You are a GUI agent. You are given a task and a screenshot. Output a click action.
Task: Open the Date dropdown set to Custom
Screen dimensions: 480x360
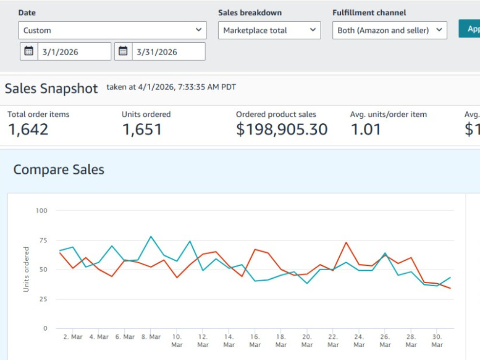pyautogui.click(x=112, y=30)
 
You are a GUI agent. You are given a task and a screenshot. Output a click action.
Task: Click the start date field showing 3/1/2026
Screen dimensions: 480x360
pyautogui.click(x=74, y=51)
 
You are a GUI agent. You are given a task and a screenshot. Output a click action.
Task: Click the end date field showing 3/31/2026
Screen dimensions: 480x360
pyautogui.click(x=168, y=51)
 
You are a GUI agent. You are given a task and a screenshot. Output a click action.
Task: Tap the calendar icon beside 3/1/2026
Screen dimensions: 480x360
pyautogui.click(x=29, y=51)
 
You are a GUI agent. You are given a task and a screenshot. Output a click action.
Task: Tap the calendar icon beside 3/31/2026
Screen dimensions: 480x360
pyautogui.click(x=123, y=51)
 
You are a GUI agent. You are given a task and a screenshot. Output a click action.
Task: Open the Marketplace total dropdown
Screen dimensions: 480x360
pyautogui.click(x=269, y=30)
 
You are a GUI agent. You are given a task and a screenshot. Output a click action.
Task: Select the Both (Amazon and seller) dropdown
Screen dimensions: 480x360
pyautogui.click(x=390, y=30)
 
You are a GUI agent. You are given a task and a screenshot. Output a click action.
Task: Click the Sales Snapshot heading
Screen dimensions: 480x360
pyautogui.click(x=51, y=88)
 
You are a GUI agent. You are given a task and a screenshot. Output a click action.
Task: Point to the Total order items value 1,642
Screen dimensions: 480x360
pyautogui.click(x=28, y=129)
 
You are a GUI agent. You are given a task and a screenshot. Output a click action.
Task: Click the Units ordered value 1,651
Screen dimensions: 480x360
pyautogui.click(x=142, y=129)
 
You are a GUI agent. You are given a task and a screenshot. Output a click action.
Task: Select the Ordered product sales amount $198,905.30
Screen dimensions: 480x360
pyautogui.click(x=282, y=129)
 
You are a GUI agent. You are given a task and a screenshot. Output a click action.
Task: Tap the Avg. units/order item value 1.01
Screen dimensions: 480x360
pyautogui.click(x=365, y=129)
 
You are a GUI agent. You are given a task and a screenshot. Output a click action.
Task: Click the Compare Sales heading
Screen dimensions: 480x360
pyautogui.click(x=59, y=169)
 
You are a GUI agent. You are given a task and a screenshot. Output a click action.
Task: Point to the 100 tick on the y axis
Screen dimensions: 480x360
pyautogui.click(x=41, y=211)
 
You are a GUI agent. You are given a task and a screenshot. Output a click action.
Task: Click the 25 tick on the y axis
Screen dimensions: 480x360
pyautogui.click(x=43, y=299)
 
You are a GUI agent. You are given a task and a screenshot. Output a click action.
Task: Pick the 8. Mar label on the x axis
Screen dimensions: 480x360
pyautogui.click(x=151, y=337)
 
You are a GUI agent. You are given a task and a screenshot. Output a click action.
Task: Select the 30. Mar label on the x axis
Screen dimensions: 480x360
pyautogui.click(x=437, y=340)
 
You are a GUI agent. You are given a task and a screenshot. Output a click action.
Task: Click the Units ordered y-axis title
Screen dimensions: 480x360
pyautogui.click(x=26, y=269)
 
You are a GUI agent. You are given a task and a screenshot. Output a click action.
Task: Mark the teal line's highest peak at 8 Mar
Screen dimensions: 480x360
pyautogui.click(x=151, y=236)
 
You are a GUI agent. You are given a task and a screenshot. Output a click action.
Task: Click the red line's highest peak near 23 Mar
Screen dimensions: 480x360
pyautogui.click(x=346, y=242)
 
